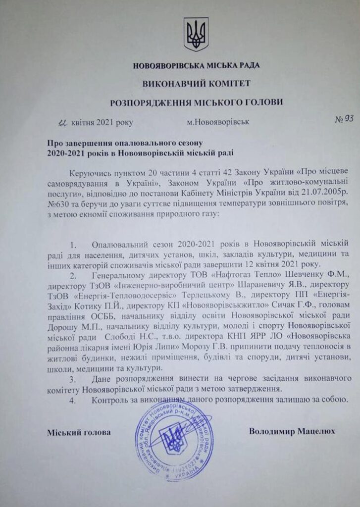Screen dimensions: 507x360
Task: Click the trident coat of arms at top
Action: coord(196,34)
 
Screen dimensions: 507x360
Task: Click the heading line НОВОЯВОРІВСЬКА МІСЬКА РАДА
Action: coord(196,65)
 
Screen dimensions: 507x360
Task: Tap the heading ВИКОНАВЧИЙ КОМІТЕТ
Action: coord(196,83)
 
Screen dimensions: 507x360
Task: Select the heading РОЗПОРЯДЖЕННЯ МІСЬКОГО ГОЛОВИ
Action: coord(197,102)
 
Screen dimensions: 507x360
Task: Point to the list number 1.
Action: coord(74,245)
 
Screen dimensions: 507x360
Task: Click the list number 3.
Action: coord(74,379)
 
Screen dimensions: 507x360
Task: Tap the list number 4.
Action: coord(74,399)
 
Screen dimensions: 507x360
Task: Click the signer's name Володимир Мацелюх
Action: coord(292,431)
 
